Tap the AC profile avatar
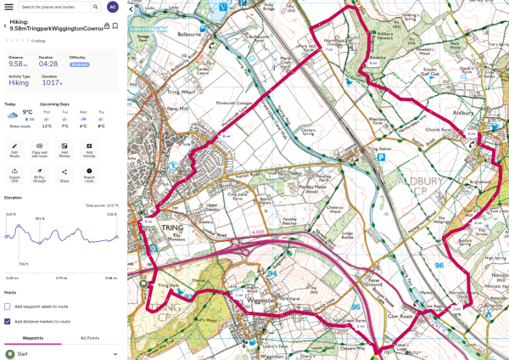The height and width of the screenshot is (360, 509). click(112, 7)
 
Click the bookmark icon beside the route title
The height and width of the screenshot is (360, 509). click(115, 25)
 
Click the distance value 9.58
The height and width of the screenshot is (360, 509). click(16, 64)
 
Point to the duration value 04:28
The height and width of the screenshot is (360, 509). click(48, 64)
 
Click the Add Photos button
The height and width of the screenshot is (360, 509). click(64, 149)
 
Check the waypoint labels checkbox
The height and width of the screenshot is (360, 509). click(8, 307)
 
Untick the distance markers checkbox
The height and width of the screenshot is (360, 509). click(8, 321)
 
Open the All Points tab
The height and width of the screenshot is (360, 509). click(90, 338)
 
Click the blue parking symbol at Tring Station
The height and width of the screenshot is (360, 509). click(383, 157)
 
